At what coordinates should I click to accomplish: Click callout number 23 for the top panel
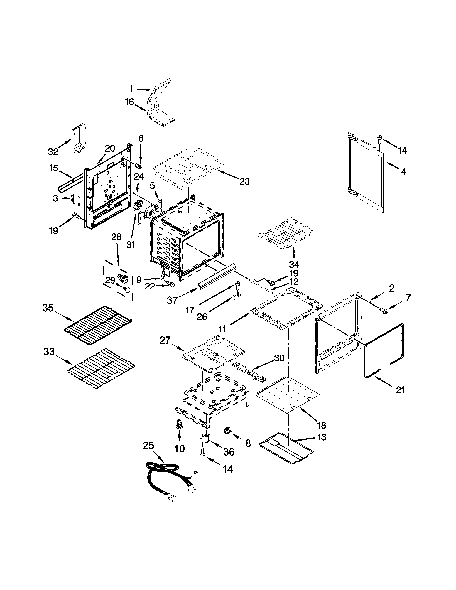(244, 181)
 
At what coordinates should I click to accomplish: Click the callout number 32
(53, 152)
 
